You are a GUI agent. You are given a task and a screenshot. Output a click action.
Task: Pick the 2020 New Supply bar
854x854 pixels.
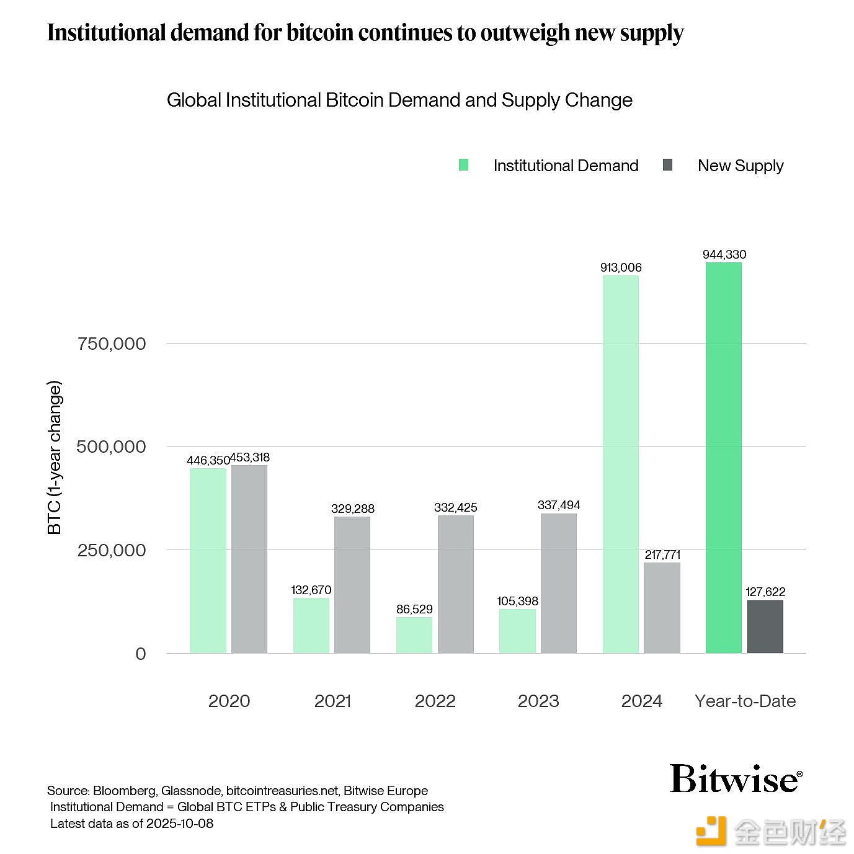pyautogui.click(x=249, y=559)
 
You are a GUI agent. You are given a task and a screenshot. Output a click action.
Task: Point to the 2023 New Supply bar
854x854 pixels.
pyautogui.click(x=558, y=583)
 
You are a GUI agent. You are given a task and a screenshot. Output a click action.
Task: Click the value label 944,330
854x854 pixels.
pyautogui.click(x=724, y=254)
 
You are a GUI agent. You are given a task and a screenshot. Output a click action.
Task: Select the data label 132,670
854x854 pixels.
pyautogui.click(x=311, y=590)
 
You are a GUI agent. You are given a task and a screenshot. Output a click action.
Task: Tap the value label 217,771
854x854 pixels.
pyautogui.click(x=662, y=554)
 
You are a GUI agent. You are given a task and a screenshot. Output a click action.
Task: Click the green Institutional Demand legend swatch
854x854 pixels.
pyautogui.click(x=463, y=165)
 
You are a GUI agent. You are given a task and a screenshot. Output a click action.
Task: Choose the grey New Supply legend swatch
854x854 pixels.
pyautogui.click(x=667, y=165)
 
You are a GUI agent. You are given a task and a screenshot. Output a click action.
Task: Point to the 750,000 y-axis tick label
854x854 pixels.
pyautogui.click(x=112, y=344)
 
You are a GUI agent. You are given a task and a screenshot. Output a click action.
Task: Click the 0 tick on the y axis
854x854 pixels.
pyautogui.click(x=141, y=654)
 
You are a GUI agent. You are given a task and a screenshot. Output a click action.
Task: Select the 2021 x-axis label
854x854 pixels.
pyautogui.click(x=332, y=701)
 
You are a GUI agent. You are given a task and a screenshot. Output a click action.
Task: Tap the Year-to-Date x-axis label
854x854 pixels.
pyautogui.click(x=745, y=701)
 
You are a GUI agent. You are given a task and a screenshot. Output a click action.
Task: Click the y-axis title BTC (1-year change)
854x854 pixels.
pyautogui.click(x=55, y=458)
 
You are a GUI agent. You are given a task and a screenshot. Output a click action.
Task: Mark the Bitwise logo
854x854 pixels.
pyautogui.click(x=736, y=778)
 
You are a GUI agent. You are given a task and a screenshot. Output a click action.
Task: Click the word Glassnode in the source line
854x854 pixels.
pyautogui.click(x=190, y=791)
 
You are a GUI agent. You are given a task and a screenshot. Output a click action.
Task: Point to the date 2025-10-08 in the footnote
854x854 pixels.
pyautogui.click(x=179, y=824)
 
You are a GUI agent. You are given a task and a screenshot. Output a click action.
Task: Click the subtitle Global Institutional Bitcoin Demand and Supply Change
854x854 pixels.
pyautogui.click(x=399, y=100)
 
